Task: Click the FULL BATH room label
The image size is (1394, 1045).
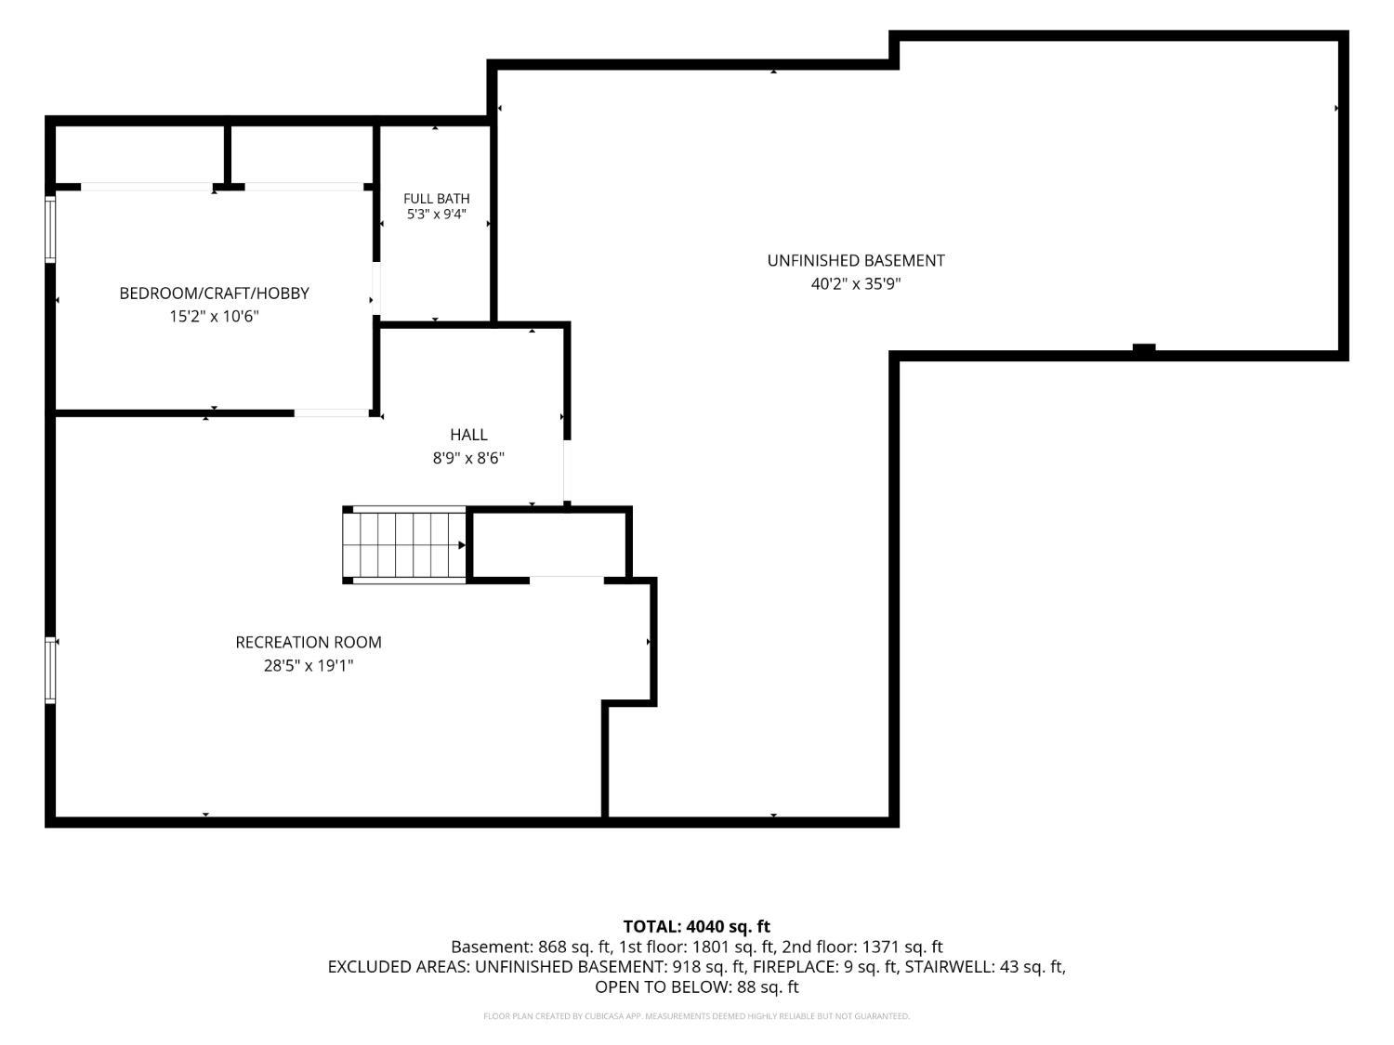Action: [436, 199]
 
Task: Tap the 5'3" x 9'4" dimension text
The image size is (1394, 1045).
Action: [436, 215]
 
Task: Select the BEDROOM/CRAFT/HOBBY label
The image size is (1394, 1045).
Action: [214, 294]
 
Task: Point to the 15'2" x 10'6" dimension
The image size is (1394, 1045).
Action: [214, 316]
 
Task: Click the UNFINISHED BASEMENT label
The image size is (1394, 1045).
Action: [856, 261]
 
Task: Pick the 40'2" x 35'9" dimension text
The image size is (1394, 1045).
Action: [856, 283]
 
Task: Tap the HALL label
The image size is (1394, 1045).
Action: [468, 435]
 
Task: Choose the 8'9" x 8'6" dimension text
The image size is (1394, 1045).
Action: [468, 458]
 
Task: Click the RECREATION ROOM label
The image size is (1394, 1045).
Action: [309, 642]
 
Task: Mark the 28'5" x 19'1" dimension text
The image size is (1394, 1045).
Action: [309, 666]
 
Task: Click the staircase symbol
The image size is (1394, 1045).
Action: [404, 545]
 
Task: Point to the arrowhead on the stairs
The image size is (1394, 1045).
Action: [462, 545]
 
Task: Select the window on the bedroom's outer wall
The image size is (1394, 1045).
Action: [50, 229]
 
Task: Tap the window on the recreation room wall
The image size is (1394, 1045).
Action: [50, 670]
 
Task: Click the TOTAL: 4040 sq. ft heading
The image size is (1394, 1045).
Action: [697, 927]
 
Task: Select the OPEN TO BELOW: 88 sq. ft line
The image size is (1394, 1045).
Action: [697, 987]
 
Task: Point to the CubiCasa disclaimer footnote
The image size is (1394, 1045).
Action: [697, 1016]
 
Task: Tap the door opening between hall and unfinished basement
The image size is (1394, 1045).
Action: [567, 471]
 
